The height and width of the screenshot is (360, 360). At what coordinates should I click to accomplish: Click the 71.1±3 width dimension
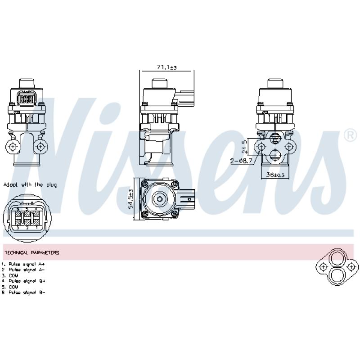tap(166, 67)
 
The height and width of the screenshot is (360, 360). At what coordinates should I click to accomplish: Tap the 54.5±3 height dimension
tap(130, 198)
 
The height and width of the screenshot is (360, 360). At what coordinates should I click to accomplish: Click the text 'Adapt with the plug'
tap(30, 184)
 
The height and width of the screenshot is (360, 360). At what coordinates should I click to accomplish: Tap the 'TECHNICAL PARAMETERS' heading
tap(31, 252)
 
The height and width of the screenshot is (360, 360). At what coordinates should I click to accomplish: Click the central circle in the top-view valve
tap(159, 198)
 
